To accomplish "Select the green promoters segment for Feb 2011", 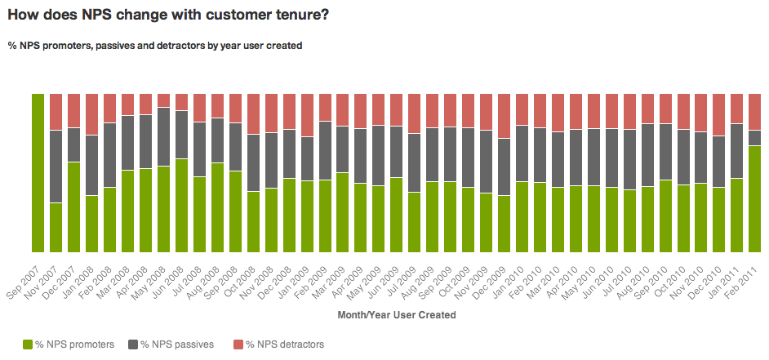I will (x=755, y=199).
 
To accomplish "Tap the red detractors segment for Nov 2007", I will (x=56, y=112).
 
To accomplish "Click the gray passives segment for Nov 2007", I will (x=56, y=167).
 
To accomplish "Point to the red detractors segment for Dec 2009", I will (x=504, y=116).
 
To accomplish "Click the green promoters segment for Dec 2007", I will (x=73, y=207).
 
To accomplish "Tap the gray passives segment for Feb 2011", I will (x=755, y=138).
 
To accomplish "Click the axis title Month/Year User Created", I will (x=396, y=314).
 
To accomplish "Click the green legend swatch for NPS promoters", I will (x=27, y=344).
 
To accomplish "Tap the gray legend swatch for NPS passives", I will (x=132, y=344).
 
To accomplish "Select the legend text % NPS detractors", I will (x=285, y=344).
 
